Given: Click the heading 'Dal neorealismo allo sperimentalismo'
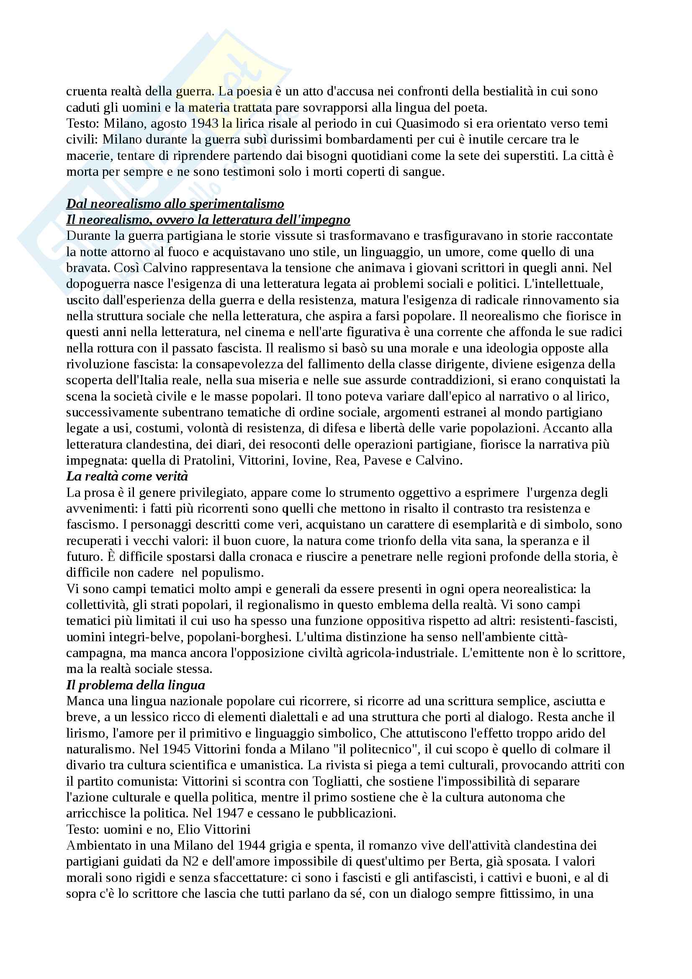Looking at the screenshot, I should coord(175,204).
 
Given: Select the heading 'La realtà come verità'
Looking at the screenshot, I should coord(127,476).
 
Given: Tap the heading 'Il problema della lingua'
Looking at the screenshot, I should coord(136,685).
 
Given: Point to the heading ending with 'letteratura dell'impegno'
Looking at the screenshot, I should coord(208,220).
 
